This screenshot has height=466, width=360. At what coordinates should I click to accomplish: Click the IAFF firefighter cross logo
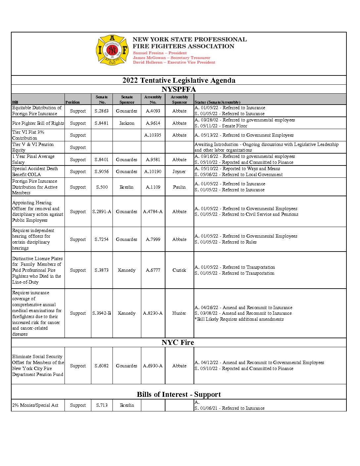coord(112,50)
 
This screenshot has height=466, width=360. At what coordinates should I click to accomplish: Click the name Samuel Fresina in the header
coord(148,53)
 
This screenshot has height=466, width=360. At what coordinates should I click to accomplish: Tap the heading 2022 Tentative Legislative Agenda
coord(179,80)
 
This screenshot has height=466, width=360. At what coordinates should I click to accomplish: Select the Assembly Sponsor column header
coord(179,100)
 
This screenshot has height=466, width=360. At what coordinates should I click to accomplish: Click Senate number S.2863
coord(102,111)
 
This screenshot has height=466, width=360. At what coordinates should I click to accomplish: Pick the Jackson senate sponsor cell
coord(127,123)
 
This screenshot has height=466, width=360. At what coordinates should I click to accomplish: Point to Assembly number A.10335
coord(153,135)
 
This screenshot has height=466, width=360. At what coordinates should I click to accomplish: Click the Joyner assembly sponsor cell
coord(179,171)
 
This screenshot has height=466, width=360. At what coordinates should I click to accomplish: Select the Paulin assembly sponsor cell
coord(179,187)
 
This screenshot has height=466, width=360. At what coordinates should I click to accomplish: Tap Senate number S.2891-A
coord(102,211)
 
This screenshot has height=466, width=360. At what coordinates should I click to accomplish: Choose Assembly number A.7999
coord(153,239)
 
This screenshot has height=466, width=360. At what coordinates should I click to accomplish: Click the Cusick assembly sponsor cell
coord(179,270)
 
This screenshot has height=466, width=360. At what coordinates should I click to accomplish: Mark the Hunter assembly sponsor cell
coord(179,313)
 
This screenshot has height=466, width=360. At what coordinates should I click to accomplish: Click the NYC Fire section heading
coord(178,343)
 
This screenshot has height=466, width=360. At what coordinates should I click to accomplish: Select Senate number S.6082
coord(102,366)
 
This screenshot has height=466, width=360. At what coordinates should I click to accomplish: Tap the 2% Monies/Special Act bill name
coord(35,405)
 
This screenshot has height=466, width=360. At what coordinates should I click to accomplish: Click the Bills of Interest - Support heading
coord(179,395)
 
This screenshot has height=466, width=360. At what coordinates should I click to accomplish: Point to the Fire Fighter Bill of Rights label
coord(38,123)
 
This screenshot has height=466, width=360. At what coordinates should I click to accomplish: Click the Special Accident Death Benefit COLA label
coord(35,171)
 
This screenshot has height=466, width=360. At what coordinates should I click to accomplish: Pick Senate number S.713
coord(102,405)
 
